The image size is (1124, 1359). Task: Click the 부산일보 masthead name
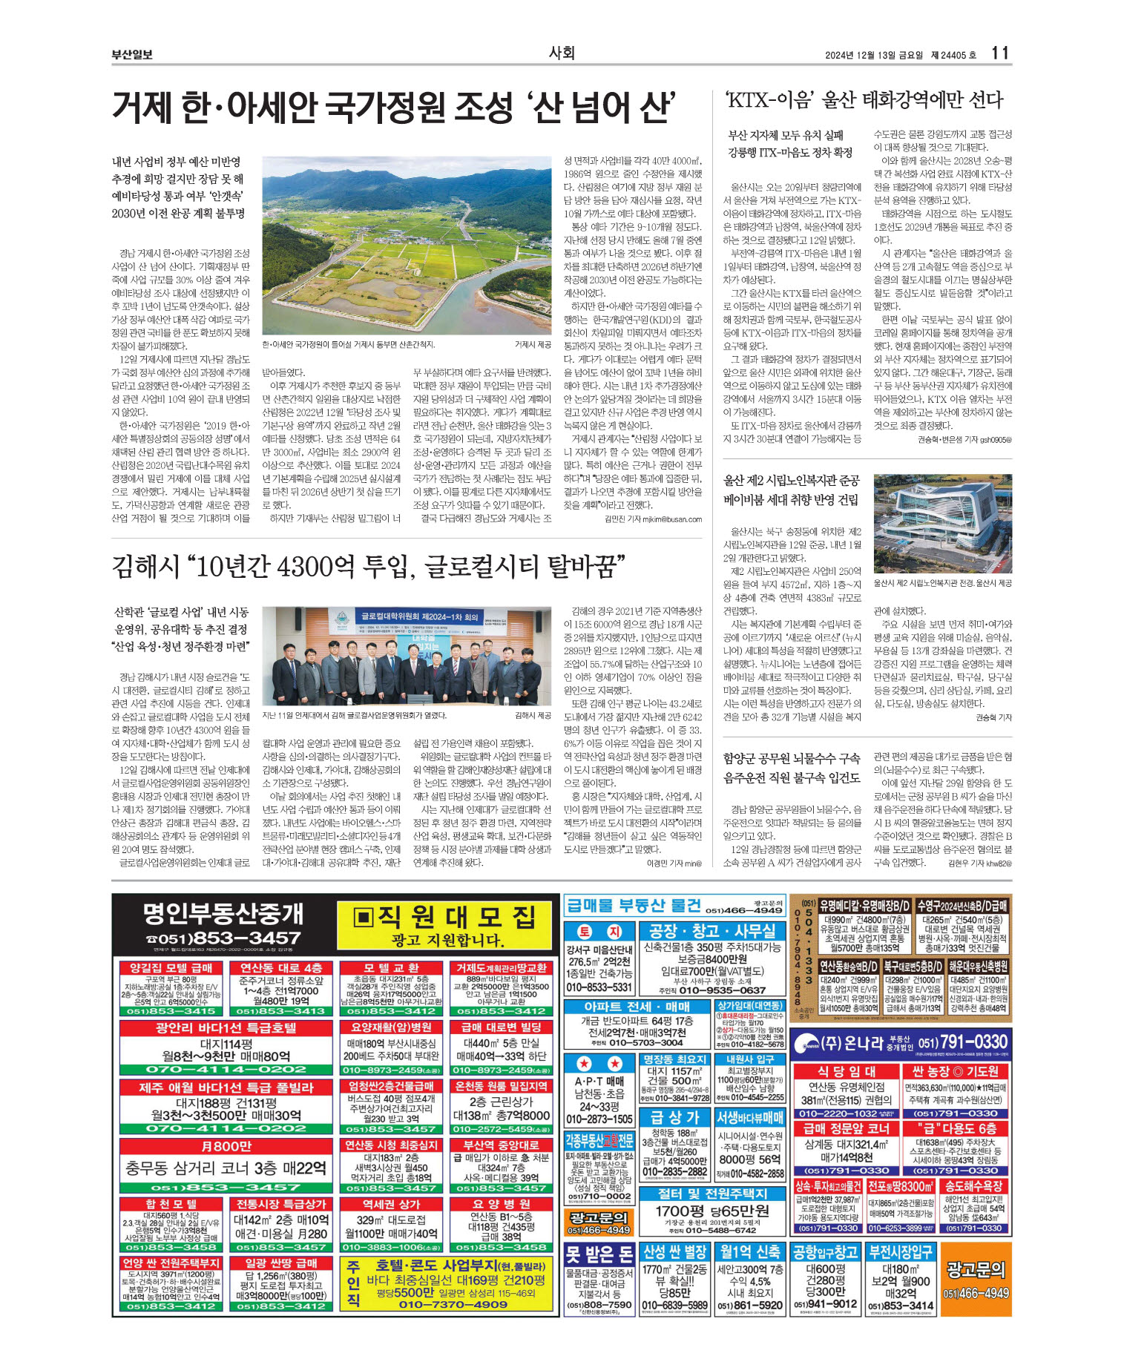tap(132, 54)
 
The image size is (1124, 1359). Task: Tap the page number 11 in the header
tap(999, 53)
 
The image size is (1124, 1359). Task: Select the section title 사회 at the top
tap(562, 53)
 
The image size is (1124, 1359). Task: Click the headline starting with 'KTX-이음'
tap(864, 99)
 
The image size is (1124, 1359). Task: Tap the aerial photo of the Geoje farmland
tap(407, 246)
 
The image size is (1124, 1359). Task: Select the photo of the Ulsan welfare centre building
tap(942, 524)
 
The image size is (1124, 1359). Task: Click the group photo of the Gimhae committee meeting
tap(407, 656)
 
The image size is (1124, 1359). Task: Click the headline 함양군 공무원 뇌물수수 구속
tap(792, 758)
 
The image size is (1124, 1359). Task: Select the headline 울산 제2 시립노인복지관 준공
tap(792, 480)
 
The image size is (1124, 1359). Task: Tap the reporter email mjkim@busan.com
tap(671, 519)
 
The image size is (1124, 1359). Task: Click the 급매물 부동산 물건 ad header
tap(633, 905)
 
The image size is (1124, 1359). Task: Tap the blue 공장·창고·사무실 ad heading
tap(711, 931)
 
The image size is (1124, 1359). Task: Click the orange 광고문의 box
tap(975, 1278)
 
